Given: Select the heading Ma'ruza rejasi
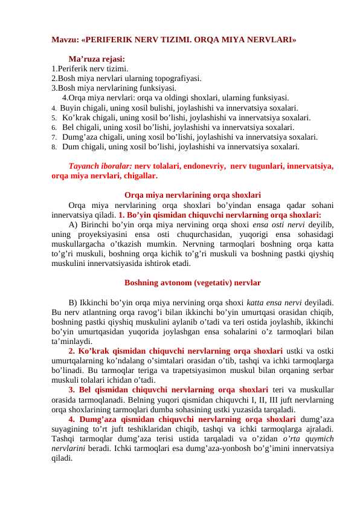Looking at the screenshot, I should pos(97,59).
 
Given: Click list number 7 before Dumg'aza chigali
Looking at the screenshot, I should pos(54,137).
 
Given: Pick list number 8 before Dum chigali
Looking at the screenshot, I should pos(54,147).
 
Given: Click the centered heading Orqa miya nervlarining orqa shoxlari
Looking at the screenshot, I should pos(192,195).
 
